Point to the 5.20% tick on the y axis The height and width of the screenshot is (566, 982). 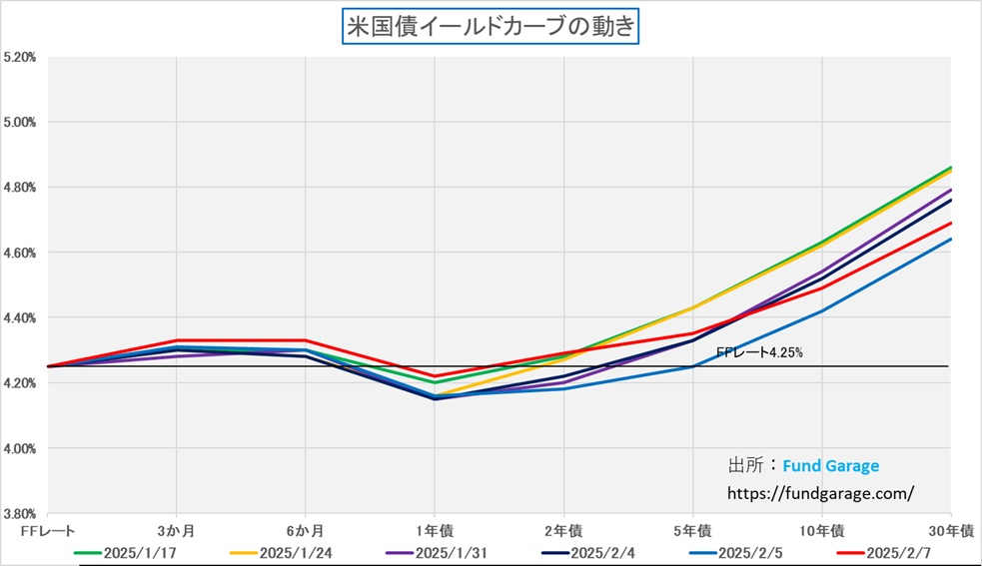(x=20, y=58)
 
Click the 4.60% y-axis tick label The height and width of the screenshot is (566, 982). (x=20, y=254)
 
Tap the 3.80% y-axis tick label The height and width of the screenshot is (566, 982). (x=20, y=514)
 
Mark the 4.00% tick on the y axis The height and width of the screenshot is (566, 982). (x=20, y=449)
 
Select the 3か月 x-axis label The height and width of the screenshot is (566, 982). (x=177, y=529)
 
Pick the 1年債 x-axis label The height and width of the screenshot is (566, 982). (x=435, y=529)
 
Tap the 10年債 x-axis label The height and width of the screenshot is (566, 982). (x=823, y=529)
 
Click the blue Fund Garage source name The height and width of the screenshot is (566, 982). (x=830, y=465)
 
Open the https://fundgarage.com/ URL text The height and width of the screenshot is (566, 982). (x=821, y=493)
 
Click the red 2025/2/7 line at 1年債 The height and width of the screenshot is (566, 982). (x=435, y=376)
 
